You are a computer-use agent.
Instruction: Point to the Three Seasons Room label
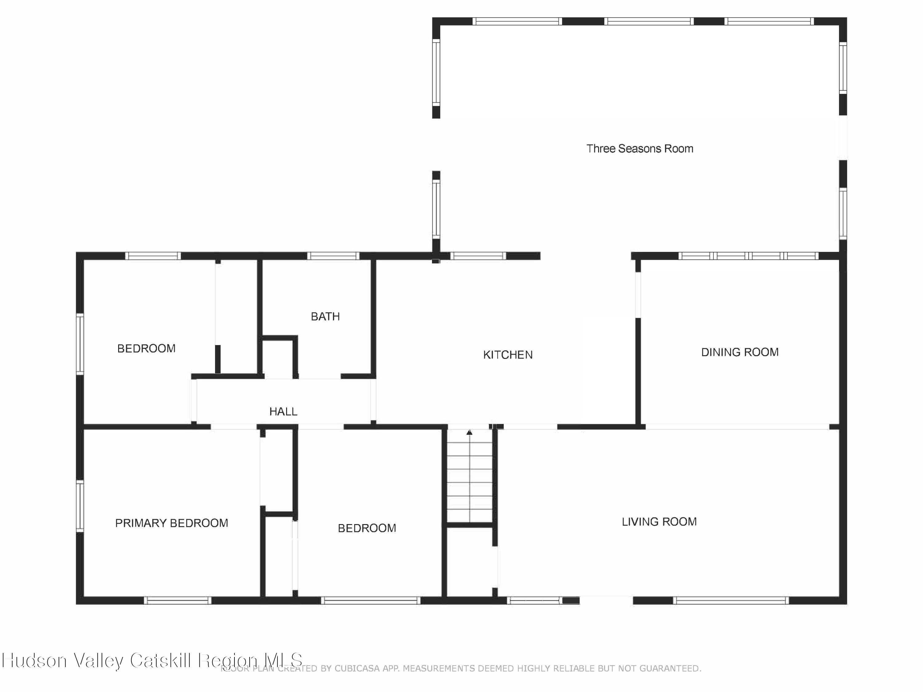pyautogui.click(x=639, y=149)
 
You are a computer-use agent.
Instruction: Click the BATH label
pyautogui.click(x=325, y=316)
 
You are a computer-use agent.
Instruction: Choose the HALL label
pyautogui.click(x=283, y=412)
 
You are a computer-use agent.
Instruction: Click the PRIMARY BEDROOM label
pyautogui.click(x=171, y=523)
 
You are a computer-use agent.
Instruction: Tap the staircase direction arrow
pyautogui.click(x=469, y=432)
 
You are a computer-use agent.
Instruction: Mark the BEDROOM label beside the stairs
pyautogui.click(x=367, y=528)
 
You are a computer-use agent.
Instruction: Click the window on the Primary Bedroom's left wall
pyautogui.click(x=79, y=506)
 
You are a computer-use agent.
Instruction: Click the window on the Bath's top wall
pyautogui.click(x=333, y=256)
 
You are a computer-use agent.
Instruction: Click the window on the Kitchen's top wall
pyautogui.click(x=478, y=256)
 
